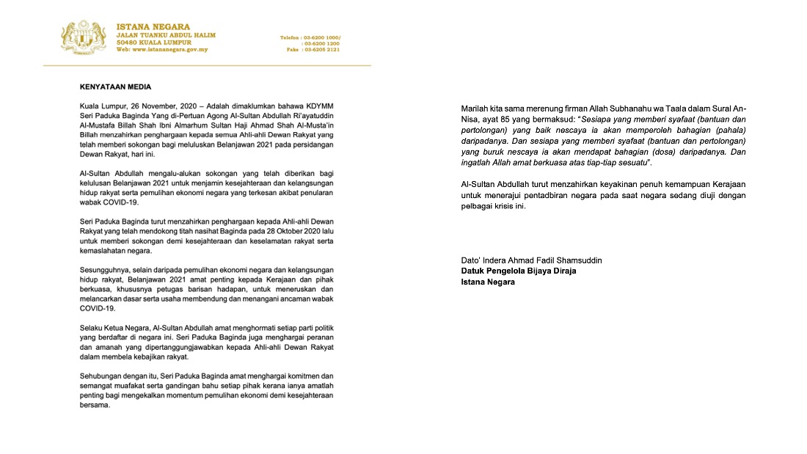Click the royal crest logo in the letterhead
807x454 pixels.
[x=85, y=37]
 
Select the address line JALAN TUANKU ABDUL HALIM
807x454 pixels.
[x=166, y=35]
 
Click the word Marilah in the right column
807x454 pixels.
[x=475, y=109]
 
